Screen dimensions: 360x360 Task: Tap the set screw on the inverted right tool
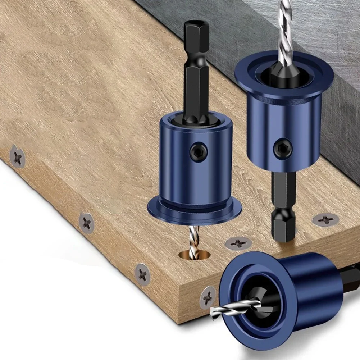[x=282, y=148]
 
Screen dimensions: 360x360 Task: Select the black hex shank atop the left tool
[x=196, y=72]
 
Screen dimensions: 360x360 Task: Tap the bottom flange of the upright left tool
[x=194, y=212]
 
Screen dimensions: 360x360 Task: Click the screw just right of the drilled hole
[x=238, y=243]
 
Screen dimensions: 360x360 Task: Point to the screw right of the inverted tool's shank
[x=325, y=219]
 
